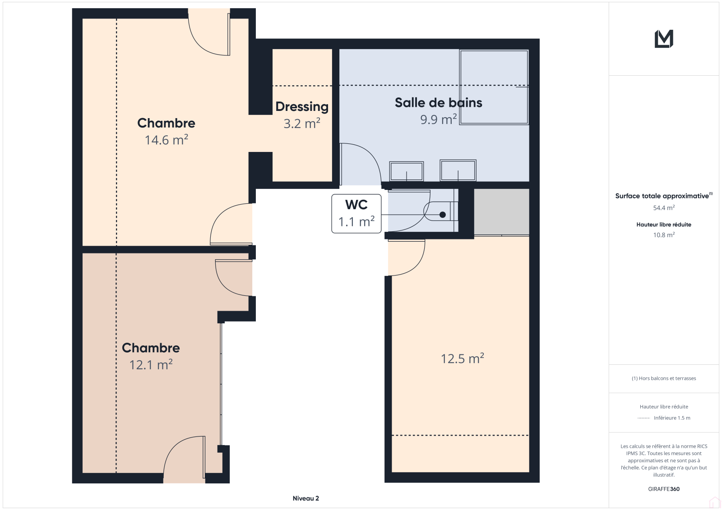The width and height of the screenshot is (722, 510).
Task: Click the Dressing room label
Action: pos(302,107)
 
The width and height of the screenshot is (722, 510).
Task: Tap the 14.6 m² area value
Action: pos(167,140)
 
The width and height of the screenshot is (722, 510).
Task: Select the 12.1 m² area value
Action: pos(151,365)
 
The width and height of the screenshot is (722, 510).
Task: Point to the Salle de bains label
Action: pos(438,103)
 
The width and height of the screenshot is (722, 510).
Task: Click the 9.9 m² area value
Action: pos(438,119)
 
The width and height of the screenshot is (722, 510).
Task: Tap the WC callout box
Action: pos(356,213)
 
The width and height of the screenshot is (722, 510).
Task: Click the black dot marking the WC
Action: pos(443,215)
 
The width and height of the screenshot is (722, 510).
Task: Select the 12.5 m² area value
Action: pos(462,358)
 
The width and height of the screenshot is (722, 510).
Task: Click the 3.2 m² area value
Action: pos(302,124)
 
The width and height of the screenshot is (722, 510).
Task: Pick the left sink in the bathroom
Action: pos(407,171)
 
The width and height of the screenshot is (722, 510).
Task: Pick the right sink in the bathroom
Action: pos(458,170)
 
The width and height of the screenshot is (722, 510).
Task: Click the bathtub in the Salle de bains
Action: pos(494,87)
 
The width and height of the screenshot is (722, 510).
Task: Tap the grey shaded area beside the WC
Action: pos(501,211)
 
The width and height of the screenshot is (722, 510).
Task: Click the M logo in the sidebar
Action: pos(664,39)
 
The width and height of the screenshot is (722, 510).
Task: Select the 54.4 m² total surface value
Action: pos(664,208)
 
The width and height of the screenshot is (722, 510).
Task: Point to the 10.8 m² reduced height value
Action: pos(664,235)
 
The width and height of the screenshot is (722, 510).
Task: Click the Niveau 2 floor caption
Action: pos(305,498)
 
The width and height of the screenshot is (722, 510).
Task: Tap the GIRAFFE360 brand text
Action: pos(664,489)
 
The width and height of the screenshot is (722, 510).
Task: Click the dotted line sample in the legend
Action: pos(643,418)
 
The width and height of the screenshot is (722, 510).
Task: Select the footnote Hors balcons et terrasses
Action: pos(664,378)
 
